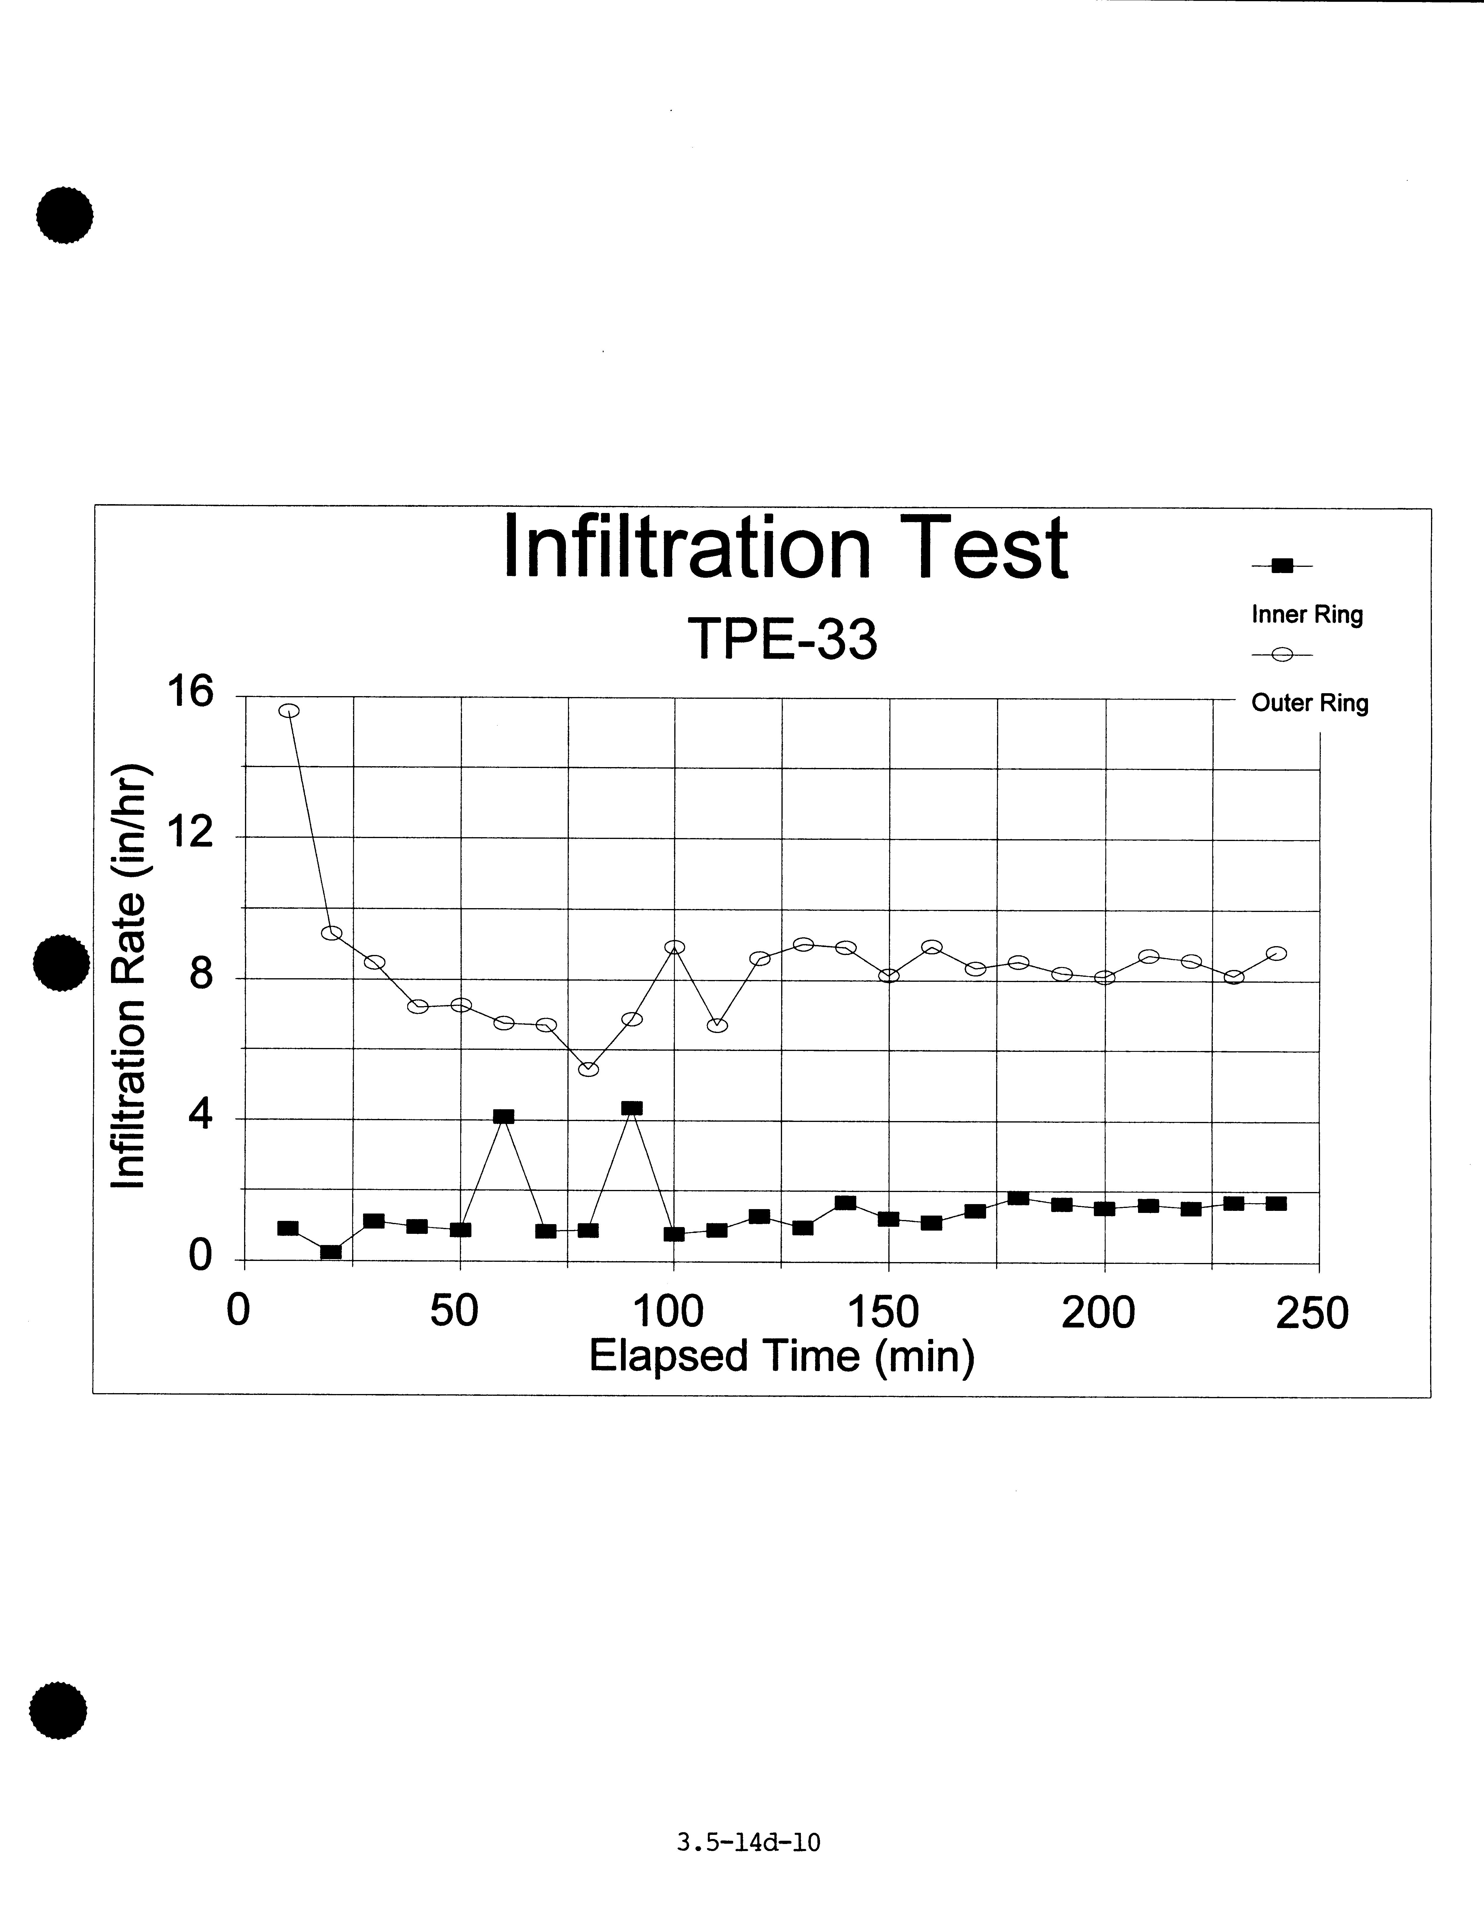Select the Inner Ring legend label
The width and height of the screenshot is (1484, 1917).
(x=1307, y=615)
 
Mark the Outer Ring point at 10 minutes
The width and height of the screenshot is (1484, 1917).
(x=289, y=711)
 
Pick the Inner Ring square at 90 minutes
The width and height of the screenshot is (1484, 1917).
(x=632, y=1108)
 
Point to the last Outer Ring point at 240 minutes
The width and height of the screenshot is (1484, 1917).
(x=1277, y=953)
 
